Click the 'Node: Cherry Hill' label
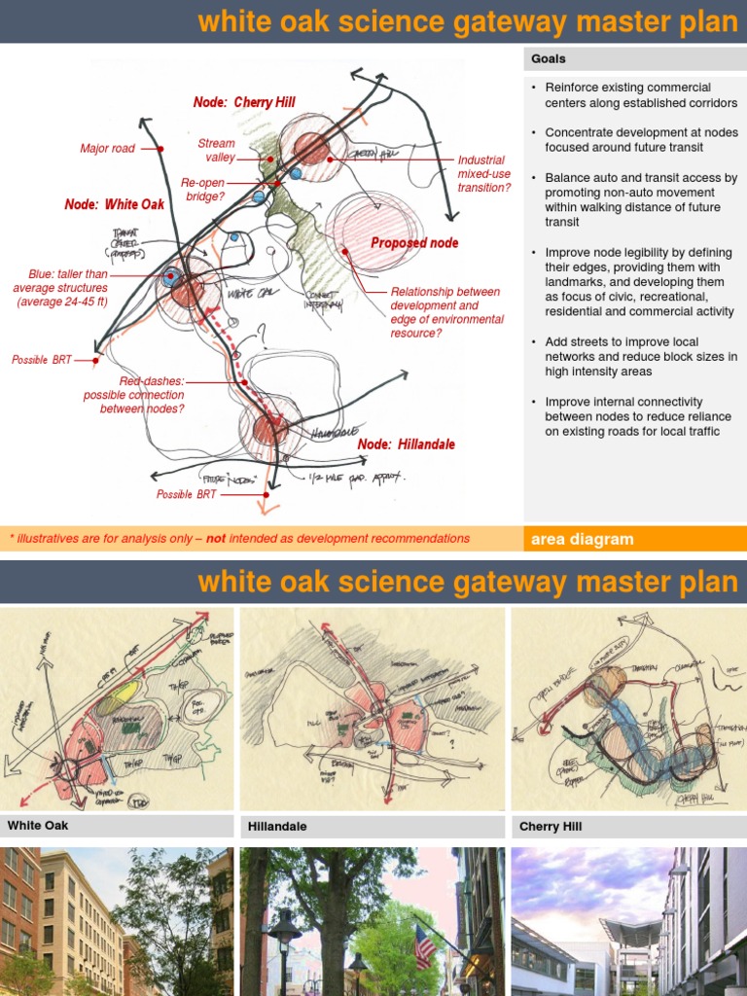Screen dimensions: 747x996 (x=244, y=102)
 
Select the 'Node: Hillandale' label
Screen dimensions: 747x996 (x=407, y=445)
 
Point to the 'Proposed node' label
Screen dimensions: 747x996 (x=414, y=242)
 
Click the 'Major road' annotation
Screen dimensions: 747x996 (x=107, y=149)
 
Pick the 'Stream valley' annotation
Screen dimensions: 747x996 (x=216, y=150)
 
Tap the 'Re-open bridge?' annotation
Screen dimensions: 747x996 (x=203, y=189)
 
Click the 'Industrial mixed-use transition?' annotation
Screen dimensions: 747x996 (x=483, y=174)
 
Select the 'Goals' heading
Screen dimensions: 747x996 (x=549, y=59)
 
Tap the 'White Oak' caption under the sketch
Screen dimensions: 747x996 (x=38, y=826)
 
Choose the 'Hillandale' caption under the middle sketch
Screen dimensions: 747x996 (x=277, y=827)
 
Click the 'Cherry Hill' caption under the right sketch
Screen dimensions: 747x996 (x=551, y=827)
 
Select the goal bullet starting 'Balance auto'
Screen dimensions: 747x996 (x=640, y=200)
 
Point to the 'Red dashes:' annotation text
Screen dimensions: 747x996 (x=151, y=381)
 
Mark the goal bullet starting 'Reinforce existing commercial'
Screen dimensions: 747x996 (x=640, y=95)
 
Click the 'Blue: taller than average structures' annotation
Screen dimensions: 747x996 (x=60, y=288)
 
